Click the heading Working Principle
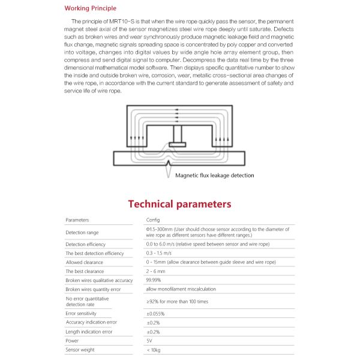click(x=90, y=8)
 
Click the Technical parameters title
click(x=179, y=204)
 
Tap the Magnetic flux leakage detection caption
click(x=214, y=175)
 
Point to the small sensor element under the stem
click(x=178, y=144)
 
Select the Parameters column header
click(x=77, y=220)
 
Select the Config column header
click(x=153, y=220)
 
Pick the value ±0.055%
click(x=156, y=313)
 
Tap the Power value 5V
click(x=149, y=340)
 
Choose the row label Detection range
click(x=82, y=232)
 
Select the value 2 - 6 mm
click(x=156, y=271)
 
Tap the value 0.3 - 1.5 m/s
click(x=160, y=253)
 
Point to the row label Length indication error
click(x=89, y=331)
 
